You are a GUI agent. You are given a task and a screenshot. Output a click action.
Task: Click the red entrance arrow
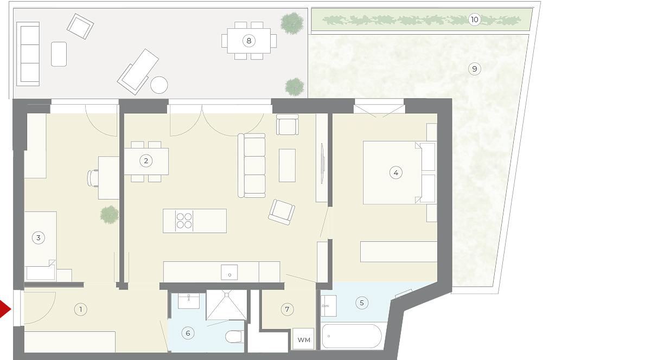point(5,309)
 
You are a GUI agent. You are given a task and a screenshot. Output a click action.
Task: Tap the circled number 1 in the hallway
point(80,310)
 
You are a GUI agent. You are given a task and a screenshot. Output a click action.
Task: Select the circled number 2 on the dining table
point(146,160)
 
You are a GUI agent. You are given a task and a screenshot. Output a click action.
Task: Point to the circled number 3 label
point(39,237)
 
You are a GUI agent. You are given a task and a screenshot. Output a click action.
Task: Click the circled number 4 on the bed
point(396,173)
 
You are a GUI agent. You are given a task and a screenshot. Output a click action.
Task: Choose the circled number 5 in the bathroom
point(362,303)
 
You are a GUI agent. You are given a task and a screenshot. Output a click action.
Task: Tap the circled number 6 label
point(188,333)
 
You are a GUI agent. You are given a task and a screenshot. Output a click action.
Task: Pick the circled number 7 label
point(287,310)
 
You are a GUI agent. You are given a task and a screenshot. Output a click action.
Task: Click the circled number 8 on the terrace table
point(249,41)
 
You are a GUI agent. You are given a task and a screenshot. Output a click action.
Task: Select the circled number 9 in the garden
point(475,69)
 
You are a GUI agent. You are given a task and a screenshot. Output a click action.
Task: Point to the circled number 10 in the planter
point(474,20)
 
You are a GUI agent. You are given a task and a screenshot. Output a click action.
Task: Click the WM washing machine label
point(304,340)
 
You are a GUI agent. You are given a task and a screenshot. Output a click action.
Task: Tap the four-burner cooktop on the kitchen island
point(184,221)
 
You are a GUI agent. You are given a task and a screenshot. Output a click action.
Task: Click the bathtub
point(352,336)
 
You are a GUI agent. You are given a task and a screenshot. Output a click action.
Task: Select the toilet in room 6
point(234,337)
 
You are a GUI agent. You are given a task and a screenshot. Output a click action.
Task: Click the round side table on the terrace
point(159,85)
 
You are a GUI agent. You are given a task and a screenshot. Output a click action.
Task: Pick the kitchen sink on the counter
point(229,273)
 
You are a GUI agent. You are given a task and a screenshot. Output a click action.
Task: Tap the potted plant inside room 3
point(110,215)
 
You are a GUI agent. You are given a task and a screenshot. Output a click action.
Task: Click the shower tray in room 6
point(226,305)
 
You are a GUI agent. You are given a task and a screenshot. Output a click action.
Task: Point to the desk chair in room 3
point(93,178)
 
